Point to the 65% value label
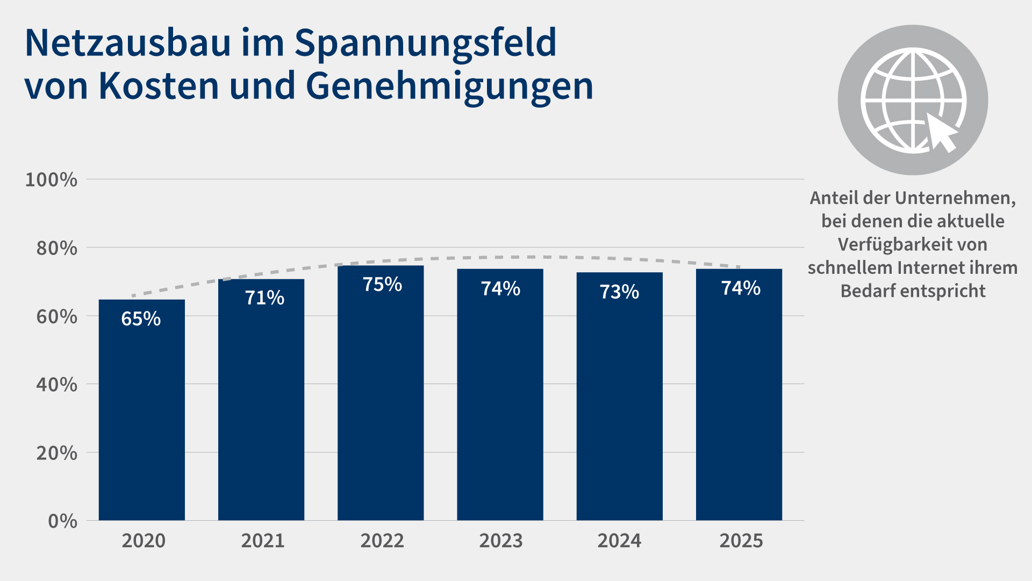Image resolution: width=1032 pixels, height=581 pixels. click(x=141, y=319)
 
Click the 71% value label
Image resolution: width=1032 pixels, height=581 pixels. click(x=264, y=297)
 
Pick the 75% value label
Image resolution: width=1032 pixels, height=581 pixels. click(x=382, y=284)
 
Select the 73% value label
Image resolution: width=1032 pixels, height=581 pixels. click(x=619, y=292)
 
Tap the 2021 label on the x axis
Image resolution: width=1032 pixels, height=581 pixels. click(x=263, y=541)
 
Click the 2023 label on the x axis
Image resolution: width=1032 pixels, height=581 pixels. click(x=501, y=541)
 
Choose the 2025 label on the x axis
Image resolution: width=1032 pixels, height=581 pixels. click(x=741, y=541)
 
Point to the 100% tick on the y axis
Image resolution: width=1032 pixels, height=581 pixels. click(x=52, y=180)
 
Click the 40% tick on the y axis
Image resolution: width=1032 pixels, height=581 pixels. click(x=56, y=385)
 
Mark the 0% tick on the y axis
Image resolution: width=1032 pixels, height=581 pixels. click(x=62, y=521)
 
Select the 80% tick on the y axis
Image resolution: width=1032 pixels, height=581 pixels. click(x=56, y=248)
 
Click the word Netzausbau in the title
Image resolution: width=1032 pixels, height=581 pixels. click(x=128, y=43)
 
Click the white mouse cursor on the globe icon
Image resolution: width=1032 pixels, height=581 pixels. click(x=942, y=132)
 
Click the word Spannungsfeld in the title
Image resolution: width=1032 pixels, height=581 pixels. click(x=425, y=43)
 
